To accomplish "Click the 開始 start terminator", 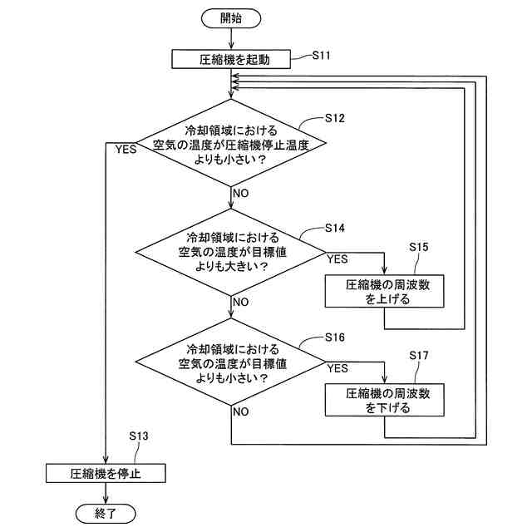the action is tap(231, 18).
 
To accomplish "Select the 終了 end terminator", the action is tap(106, 514).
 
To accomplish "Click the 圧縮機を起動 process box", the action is tap(231, 59).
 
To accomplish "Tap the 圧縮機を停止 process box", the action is tap(106, 473).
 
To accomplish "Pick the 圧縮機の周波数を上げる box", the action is tap(384, 292).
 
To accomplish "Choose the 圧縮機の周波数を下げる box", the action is tap(384, 400).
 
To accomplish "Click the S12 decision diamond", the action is tap(231, 143).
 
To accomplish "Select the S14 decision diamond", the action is tap(231, 252).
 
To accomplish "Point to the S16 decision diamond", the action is tap(231, 362).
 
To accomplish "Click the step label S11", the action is tap(321, 55).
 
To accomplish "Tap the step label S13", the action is tap(139, 436).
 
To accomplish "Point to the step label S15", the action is tap(419, 247).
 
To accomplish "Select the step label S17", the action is tap(419, 356).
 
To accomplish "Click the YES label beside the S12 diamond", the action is tap(126, 150).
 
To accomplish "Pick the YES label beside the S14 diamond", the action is tap(337, 259).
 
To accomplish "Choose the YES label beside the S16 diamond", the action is tap(337, 368).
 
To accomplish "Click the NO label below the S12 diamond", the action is tap(241, 194).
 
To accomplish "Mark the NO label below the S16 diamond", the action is tap(241, 412).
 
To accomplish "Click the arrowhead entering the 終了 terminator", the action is tap(106, 500).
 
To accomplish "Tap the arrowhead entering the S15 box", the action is tap(384, 270).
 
